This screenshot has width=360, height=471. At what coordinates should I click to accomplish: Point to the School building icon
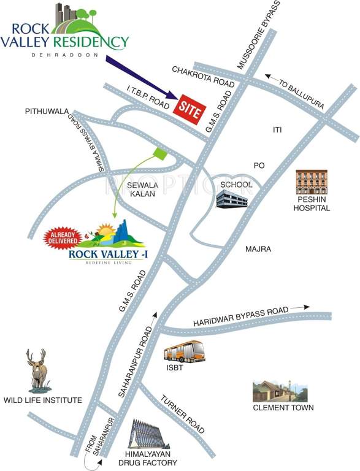click(232, 197)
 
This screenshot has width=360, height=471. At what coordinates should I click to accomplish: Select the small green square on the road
click(160, 153)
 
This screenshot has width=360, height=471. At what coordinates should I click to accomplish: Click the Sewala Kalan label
click(142, 188)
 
